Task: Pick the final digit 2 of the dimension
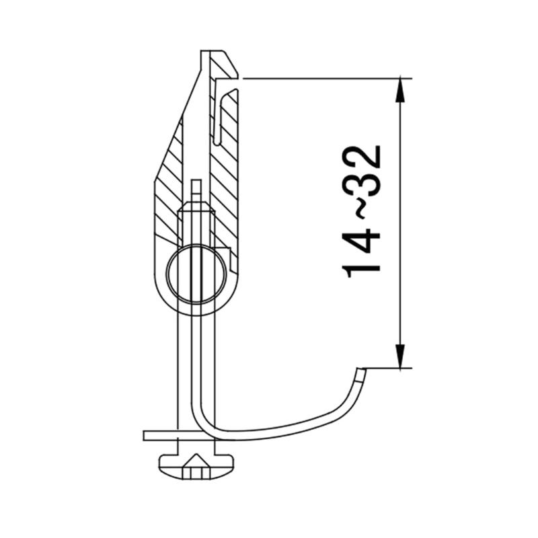[363, 159]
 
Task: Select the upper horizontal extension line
[323, 79]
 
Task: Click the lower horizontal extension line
[387, 368]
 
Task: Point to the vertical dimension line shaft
[401, 222]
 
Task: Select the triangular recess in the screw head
[195, 462]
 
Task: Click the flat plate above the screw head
[161, 435]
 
